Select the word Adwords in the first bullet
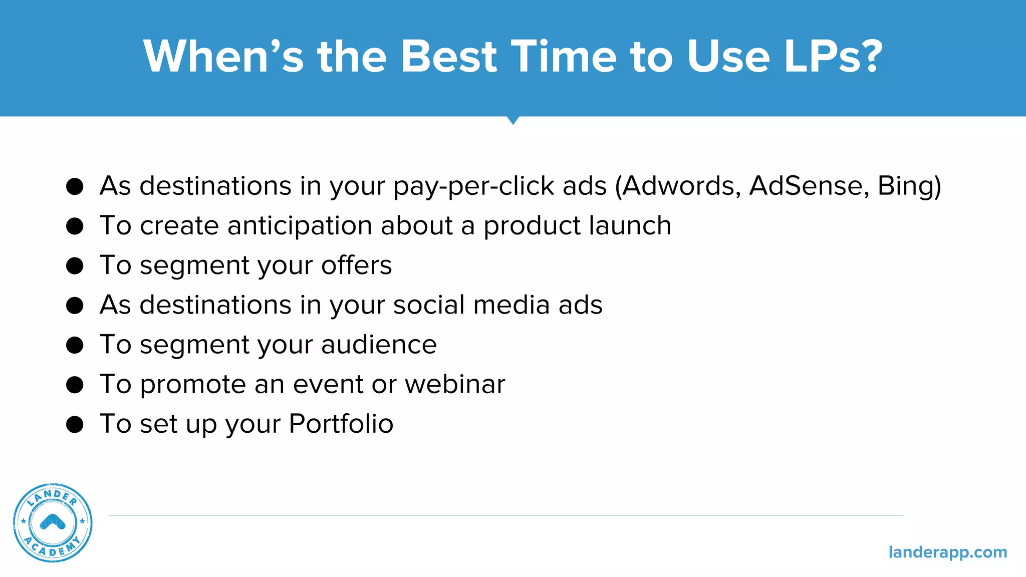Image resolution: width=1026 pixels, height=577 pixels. [x=679, y=186]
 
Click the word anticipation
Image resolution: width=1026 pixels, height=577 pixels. [x=299, y=226]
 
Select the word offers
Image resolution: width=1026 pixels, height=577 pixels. [x=356, y=265]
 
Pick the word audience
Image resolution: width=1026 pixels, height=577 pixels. [x=379, y=345]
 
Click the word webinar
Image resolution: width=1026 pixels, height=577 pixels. [x=455, y=384]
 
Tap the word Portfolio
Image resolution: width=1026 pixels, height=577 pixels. [x=341, y=424]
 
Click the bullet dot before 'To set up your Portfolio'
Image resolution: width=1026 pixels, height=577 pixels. [x=75, y=424]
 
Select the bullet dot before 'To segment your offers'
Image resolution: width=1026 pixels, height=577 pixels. [x=75, y=265]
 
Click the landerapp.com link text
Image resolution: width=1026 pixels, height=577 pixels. [x=947, y=552]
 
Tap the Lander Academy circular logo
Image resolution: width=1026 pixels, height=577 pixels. [x=53, y=522]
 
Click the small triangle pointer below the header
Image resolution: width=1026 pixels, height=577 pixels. [x=512, y=120]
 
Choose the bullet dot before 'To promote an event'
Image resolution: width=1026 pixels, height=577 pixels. [x=75, y=385]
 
